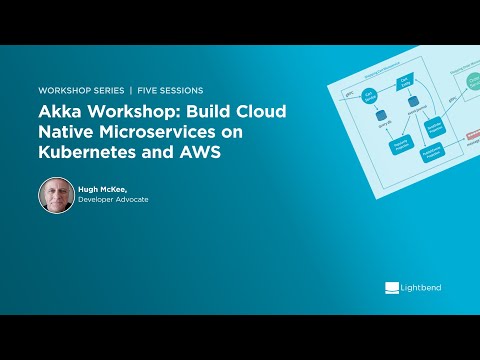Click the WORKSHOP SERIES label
(x=79, y=90)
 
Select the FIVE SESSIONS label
(x=169, y=90)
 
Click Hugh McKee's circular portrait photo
(x=56, y=195)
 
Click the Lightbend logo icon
(x=392, y=288)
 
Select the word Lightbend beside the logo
(x=422, y=288)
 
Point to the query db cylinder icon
(x=379, y=117)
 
